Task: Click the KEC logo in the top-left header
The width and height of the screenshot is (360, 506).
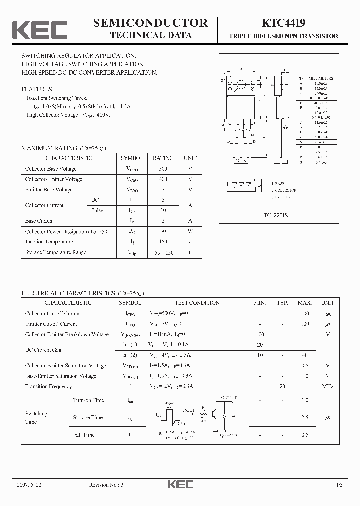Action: pos(39,30)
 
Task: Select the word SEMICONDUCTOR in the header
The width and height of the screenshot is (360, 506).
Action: pos(150,22)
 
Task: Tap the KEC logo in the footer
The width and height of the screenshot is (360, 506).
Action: pos(180,484)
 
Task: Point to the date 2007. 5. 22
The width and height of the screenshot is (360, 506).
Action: pos(29,485)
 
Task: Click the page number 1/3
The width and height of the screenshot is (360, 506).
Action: pos(339,485)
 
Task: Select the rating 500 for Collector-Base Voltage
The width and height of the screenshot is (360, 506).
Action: pos(163,169)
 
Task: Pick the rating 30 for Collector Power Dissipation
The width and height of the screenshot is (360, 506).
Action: pos(163,231)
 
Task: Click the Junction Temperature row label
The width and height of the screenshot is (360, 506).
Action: pos(49,242)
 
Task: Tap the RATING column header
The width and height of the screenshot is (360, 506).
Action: pos(163,158)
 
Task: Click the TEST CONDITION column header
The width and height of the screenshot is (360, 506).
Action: pos(197,303)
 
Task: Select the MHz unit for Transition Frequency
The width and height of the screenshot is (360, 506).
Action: pos(327,386)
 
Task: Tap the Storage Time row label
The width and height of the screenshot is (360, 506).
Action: pos(88,417)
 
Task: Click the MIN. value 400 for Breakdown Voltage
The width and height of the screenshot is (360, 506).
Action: pos(259,334)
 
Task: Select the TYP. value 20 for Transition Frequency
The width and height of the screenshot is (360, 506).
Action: pos(282,386)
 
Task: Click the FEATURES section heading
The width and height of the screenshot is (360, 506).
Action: pos(37,89)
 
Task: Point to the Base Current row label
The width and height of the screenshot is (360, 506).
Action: pos(39,221)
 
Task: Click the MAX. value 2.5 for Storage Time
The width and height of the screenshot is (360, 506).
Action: pos(305,417)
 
